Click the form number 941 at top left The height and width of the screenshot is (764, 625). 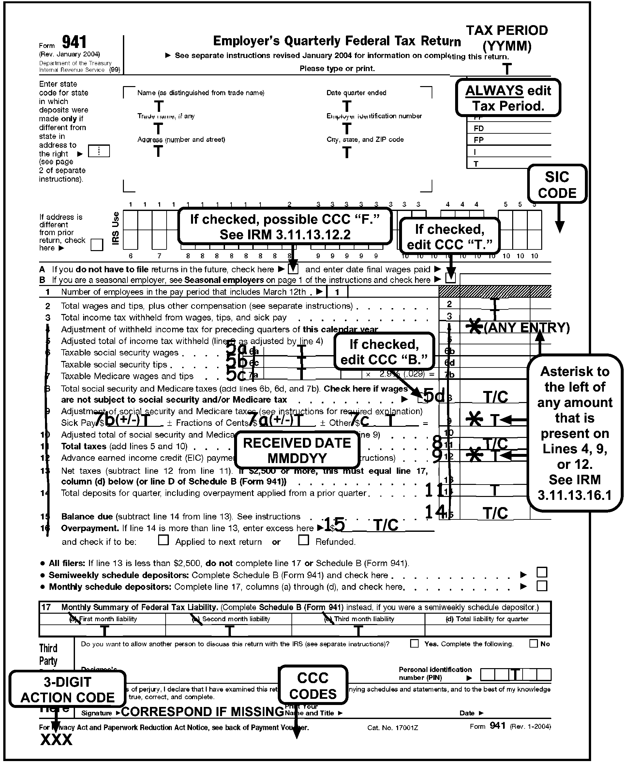coord(74,42)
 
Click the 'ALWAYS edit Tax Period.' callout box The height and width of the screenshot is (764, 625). coord(508,97)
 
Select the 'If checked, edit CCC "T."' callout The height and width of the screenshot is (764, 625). coord(449,236)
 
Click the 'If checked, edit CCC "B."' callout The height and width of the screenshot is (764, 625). coord(384,352)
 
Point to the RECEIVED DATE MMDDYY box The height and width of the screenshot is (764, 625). coord(297,450)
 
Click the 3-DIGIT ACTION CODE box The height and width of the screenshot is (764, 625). coord(67,689)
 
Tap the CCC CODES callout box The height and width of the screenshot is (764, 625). coord(313,685)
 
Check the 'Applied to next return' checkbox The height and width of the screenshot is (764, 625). coord(163,540)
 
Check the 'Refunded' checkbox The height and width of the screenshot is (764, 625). coord(304,540)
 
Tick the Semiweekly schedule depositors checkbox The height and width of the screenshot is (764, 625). coord(542,572)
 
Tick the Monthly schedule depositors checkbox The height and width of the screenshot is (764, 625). coord(542,586)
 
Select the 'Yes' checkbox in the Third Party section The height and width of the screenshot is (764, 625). coord(414,643)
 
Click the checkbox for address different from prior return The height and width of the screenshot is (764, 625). coord(97,245)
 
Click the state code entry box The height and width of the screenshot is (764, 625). coord(99,151)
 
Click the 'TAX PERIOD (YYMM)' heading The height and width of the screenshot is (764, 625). coord(507,38)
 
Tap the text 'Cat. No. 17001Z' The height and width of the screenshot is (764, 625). coord(393,727)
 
